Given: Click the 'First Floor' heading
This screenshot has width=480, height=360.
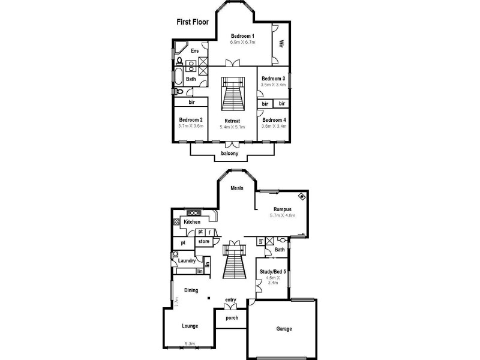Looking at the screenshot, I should [191, 22].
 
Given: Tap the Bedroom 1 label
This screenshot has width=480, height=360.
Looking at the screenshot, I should [242, 36].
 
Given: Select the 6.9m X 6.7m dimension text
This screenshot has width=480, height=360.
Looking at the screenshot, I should [242, 43].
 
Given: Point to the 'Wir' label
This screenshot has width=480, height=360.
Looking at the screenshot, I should [280, 44].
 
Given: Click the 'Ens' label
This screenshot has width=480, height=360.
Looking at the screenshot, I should [194, 51].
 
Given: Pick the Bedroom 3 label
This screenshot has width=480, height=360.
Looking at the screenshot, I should [273, 79].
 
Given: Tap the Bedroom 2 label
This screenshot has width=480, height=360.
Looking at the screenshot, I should [191, 120].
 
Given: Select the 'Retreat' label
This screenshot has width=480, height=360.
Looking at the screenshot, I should [232, 121].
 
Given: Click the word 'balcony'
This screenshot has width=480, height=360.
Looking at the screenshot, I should [230, 154].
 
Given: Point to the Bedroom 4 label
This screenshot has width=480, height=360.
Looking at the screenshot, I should [274, 120].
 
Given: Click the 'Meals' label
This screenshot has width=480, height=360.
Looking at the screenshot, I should [238, 188].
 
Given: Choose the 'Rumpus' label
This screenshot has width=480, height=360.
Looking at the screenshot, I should [283, 209].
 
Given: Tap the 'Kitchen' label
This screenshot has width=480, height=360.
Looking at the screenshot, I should [192, 222].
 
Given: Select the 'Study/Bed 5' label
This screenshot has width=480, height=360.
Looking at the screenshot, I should [272, 272].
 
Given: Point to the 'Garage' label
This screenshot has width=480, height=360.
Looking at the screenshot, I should [284, 329].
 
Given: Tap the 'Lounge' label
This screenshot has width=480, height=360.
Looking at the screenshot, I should [190, 326].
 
